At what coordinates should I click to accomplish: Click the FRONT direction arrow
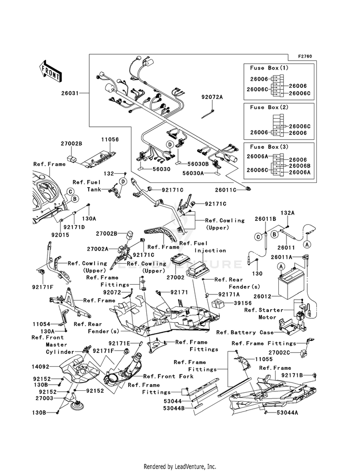point(50,71)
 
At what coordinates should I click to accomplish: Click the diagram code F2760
point(305,56)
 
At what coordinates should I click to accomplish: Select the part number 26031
point(70,94)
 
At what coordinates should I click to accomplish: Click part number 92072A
point(212,97)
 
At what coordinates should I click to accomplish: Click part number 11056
point(110,140)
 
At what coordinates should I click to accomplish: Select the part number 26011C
point(226,190)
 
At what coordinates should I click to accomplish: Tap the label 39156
point(243,303)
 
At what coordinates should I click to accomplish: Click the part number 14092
point(40,366)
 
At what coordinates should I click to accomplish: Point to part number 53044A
point(288,413)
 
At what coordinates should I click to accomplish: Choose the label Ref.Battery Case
point(245,333)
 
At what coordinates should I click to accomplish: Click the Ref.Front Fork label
point(168,376)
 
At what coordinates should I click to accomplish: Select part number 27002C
point(279,352)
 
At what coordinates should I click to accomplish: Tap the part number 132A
point(288,213)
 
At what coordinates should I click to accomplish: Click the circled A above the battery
point(281,266)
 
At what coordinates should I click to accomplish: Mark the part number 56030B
point(198,164)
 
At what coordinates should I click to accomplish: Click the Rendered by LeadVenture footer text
point(180,467)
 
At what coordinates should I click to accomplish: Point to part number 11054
point(41,325)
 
